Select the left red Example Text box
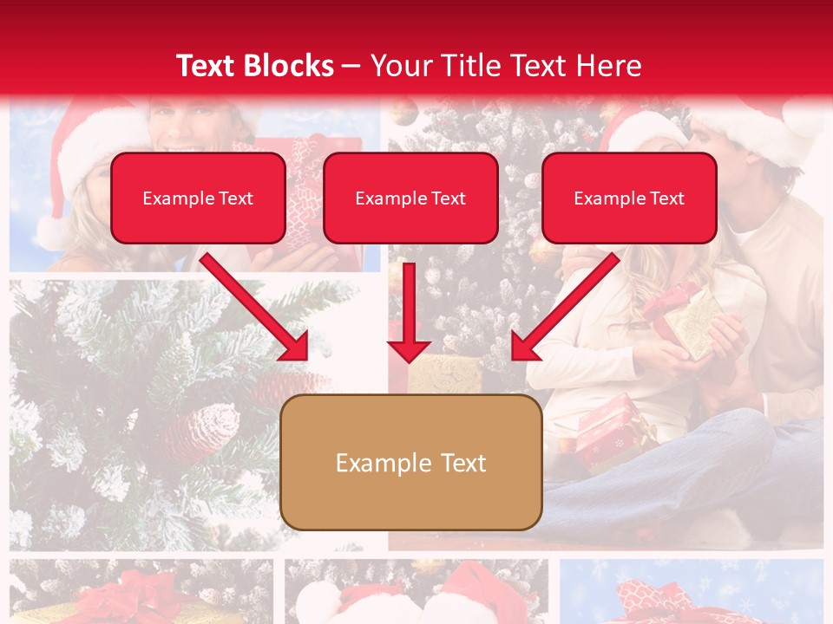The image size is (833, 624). click(198, 198)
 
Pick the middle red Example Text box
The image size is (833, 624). click(410, 198)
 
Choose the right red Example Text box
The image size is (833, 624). click(629, 198)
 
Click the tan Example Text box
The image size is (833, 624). click(411, 462)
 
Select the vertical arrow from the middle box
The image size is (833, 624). click(409, 312)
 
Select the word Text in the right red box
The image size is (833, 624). click(666, 198)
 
